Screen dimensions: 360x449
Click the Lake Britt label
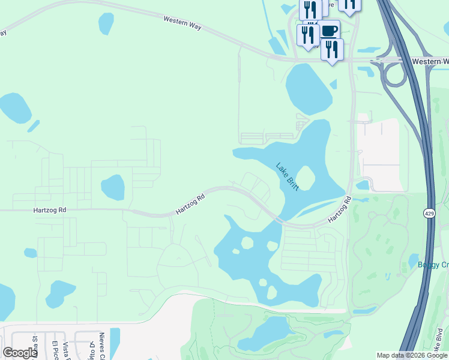(x=288, y=176)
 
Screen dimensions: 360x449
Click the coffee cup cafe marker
(x=328, y=31)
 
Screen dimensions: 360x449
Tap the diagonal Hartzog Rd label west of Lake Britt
(x=190, y=203)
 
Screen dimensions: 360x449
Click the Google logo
(x=20, y=353)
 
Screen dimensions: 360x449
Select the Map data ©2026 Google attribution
(x=411, y=355)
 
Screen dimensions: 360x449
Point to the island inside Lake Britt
(x=305, y=178)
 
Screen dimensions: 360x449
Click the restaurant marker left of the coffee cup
(x=308, y=34)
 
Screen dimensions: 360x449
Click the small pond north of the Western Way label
(x=106, y=23)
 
